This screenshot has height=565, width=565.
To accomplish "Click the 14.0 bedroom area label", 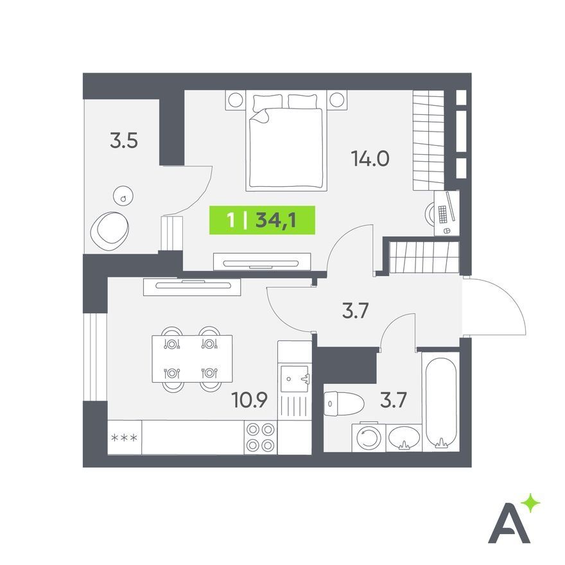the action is click(370, 159).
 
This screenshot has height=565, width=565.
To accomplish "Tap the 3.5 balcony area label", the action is click(124, 141).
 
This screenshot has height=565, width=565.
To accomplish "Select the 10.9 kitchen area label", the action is click(249, 400).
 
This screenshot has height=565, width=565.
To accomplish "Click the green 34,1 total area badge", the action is click(263, 220).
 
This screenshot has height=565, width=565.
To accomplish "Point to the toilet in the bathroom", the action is click(343, 404).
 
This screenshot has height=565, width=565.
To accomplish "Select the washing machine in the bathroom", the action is click(369, 437).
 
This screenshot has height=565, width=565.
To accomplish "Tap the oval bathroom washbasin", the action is click(404, 437).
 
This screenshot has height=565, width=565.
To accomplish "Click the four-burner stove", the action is click(261, 437).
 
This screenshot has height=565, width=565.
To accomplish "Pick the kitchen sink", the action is click(295, 379).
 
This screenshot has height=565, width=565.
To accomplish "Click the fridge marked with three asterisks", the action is click(125, 437).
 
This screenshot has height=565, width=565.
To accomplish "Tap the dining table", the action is click(192, 359).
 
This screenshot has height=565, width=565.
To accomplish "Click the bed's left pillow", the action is click(268, 102).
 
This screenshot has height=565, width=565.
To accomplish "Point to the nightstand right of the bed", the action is click(337, 100).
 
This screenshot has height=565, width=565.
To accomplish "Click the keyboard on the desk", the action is click(443, 214).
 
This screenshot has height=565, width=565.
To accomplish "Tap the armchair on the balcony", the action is click(110, 231).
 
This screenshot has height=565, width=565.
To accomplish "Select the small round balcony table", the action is click(123, 196).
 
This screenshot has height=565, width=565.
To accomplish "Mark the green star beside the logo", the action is click(530, 503).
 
